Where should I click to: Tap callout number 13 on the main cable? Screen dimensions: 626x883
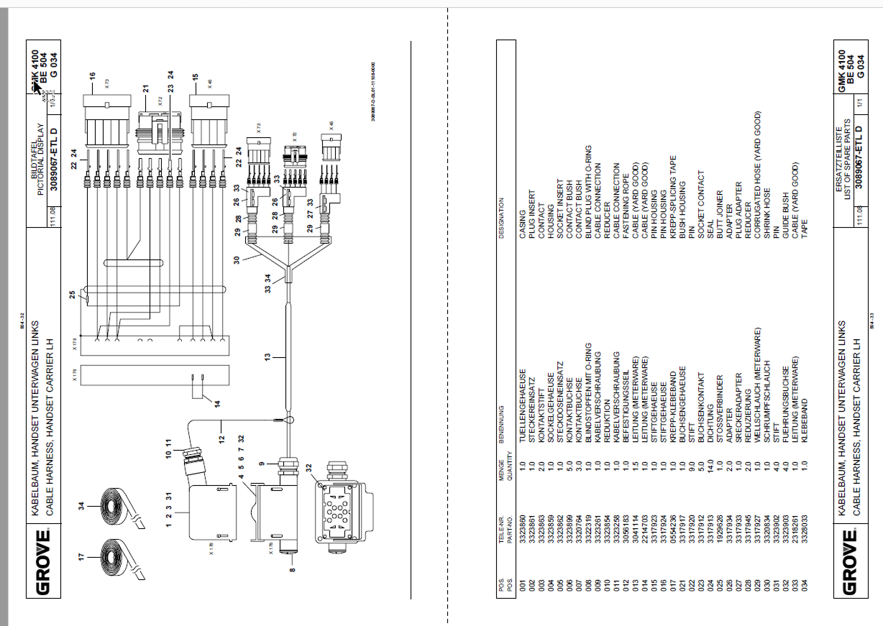[x=267, y=356]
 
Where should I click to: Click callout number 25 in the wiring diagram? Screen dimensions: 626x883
[x=72, y=295]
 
